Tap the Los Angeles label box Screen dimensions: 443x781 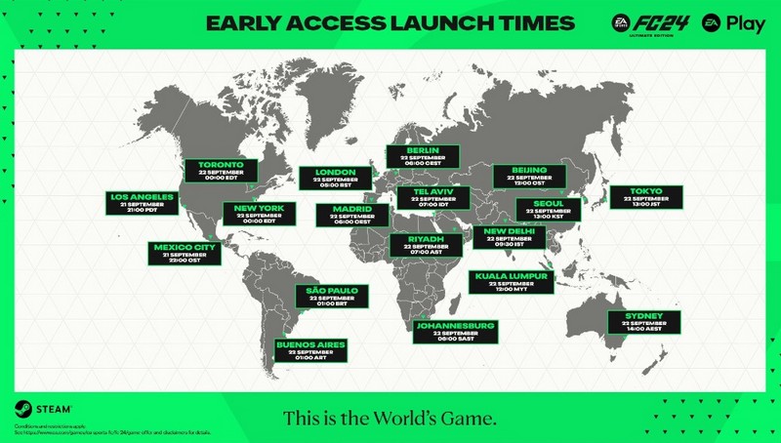point(143,202)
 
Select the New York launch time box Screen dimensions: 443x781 point(259,214)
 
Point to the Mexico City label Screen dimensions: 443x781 point(185,253)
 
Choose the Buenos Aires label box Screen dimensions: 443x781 point(310,350)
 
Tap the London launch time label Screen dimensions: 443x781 point(335,179)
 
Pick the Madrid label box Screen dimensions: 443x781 point(351,215)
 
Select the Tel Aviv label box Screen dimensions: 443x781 point(433,196)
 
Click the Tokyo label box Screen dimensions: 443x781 point(646,195)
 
